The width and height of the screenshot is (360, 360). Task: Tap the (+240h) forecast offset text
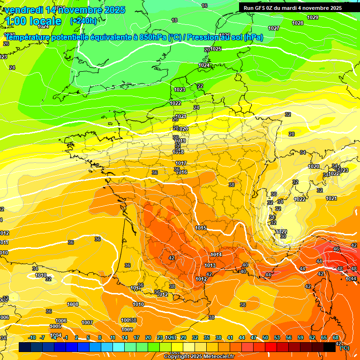click(83, 21)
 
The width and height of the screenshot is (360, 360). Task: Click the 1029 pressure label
click(313, 18)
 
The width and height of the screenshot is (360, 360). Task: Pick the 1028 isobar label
click(298, 23)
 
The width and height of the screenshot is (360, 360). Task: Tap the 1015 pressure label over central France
click(201, 228)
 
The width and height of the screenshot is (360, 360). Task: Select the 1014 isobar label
click(217, 255)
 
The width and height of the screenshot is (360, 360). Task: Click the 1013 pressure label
click(210, 266)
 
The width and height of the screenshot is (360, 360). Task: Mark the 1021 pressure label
click(331, 198)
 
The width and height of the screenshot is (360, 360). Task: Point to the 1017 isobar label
click(181, 164)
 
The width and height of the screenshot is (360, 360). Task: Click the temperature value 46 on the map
click(336, 249)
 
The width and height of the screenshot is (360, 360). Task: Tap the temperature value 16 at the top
click(204, 6)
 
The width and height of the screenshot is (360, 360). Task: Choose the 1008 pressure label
click(73, 304)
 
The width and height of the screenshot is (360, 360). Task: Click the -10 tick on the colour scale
click(32, 338)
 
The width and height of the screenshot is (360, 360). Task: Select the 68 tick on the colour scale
click(336, 338)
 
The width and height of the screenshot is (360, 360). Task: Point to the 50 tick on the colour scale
click(265, 338)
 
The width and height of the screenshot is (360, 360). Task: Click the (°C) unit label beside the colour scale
click(345, 348)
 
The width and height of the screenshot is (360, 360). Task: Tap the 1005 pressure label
click(55, 326)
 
